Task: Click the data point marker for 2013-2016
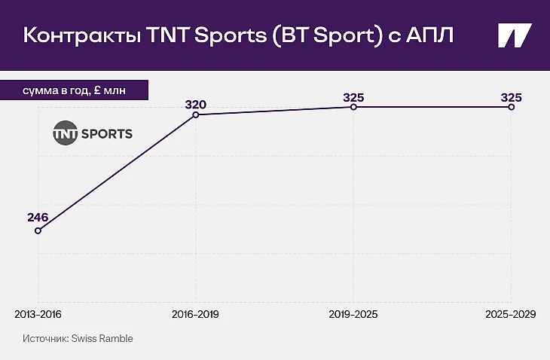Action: (x=38, y=230)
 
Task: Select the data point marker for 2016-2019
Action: (x=196, y=114)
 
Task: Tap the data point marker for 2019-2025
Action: (x=354, y=107)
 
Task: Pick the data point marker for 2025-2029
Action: (x=512, y=107)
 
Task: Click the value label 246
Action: (x=38, y=218)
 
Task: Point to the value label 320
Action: (x=196, y=103)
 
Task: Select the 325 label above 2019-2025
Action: (x=354, y=97)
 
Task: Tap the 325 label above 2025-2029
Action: (x=512, y=97)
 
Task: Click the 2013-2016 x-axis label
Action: (x=38, y=313)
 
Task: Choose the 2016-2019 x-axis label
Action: (x=196, y=313)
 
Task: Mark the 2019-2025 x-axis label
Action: (x=354, y=313)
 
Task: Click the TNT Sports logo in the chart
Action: (x=92, y=134)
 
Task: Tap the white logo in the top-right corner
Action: (x=515, y=36)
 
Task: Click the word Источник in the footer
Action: (x=44, y=339)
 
